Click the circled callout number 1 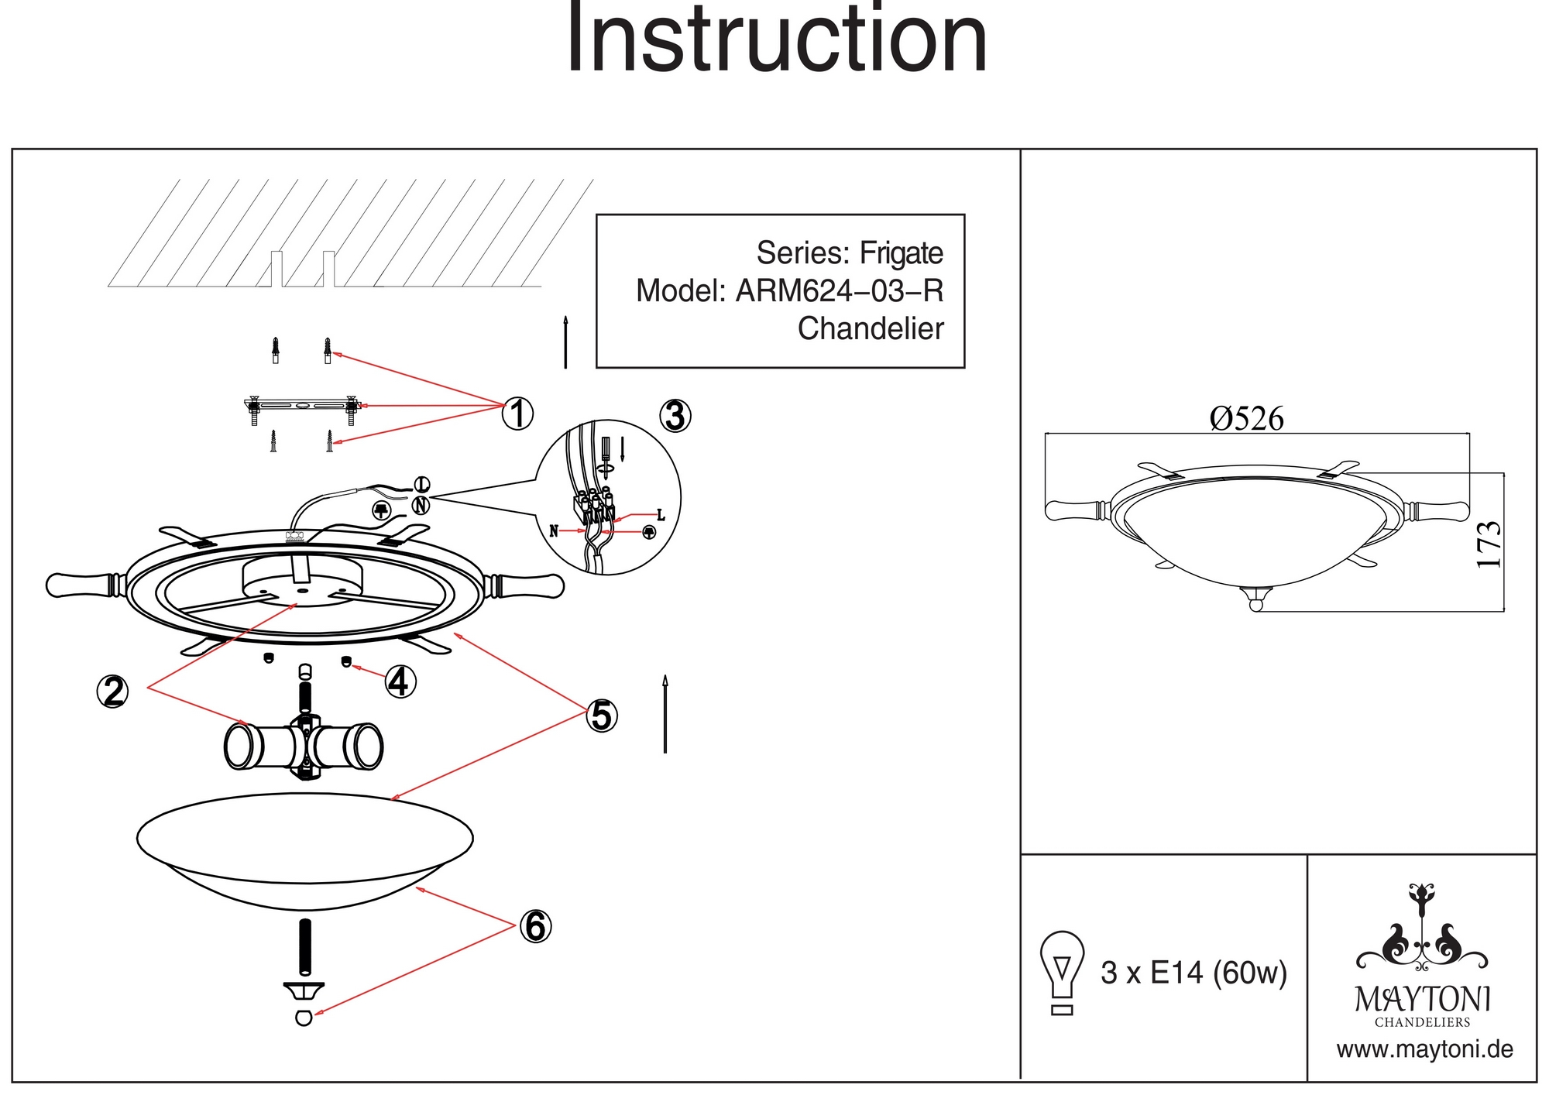point(517,414)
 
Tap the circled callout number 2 point(112,691)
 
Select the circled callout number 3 point(675,416)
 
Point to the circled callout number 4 point(400,682)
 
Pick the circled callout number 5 point(602,716)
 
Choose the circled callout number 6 point(535,926)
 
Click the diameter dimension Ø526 point(1246,419)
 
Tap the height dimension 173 point(1489,544)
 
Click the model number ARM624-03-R point(840,291)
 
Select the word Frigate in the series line point(902,253)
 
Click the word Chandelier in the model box point(871,328)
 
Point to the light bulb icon point(1062,971)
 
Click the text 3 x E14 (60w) point(1194,973)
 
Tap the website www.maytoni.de point(1424,1050)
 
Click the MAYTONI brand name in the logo point(1422,1000)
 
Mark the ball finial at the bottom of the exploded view point(304,1018)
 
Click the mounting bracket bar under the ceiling point(301,405)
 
